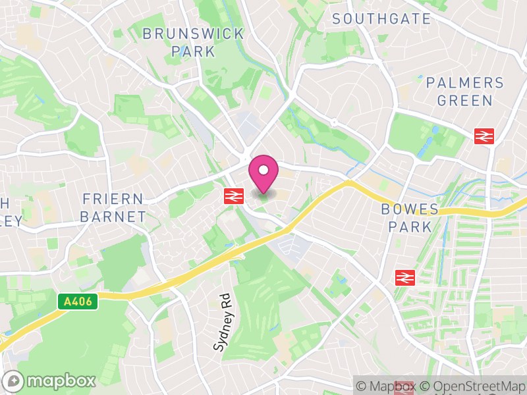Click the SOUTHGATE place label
pos(381,18)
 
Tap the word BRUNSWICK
pos(193,34)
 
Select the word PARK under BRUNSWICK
pos(193,51)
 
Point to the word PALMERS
pos(464,84)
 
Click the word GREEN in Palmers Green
pos(464,101)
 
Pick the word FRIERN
pos(113,199)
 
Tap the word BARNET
pos(114,217)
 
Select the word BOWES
pos(410,209)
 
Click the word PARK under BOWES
pos(410,227)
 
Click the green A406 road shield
pos(78,302)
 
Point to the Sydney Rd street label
pos(220,321)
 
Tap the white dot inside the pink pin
pos(263,170)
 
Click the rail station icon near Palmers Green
pos(484,136)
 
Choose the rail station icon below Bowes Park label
pos(404,277)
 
